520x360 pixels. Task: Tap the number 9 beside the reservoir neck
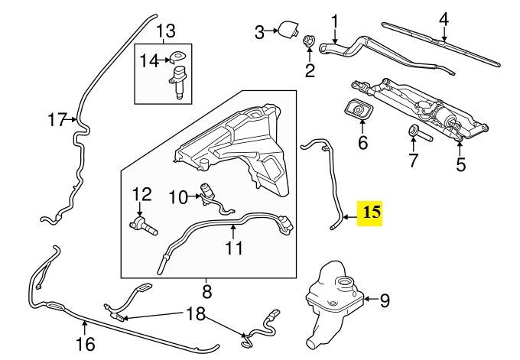(384, 300)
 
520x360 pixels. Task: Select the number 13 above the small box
(166, 31)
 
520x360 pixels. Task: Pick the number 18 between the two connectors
(196, 313)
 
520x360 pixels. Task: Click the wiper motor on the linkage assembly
(444, 117)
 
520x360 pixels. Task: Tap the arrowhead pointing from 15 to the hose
(344, 217)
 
